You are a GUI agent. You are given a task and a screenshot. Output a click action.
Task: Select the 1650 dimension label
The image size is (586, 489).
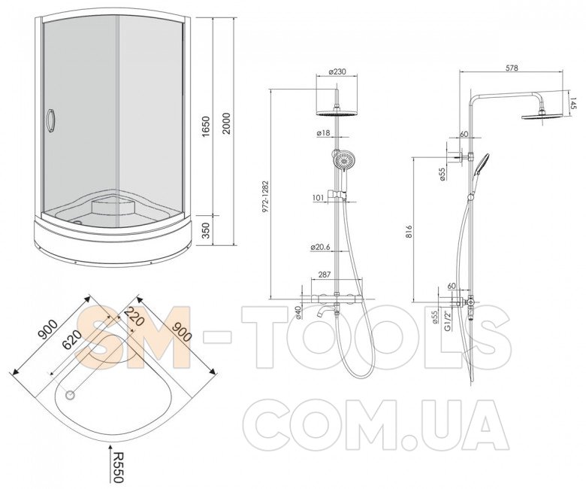[206, 126]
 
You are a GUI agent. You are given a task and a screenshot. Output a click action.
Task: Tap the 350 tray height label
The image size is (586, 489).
[206, 230]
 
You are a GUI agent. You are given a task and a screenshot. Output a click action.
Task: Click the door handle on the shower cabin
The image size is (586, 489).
[50, 120]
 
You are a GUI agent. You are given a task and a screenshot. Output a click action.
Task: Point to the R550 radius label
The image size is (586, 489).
[117, 467]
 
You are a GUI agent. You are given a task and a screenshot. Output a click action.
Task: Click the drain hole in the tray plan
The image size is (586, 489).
[70, 395]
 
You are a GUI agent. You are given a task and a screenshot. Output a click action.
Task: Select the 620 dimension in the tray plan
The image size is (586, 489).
[71, 339]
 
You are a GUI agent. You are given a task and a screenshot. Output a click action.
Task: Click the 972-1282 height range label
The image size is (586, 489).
[265, 196]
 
